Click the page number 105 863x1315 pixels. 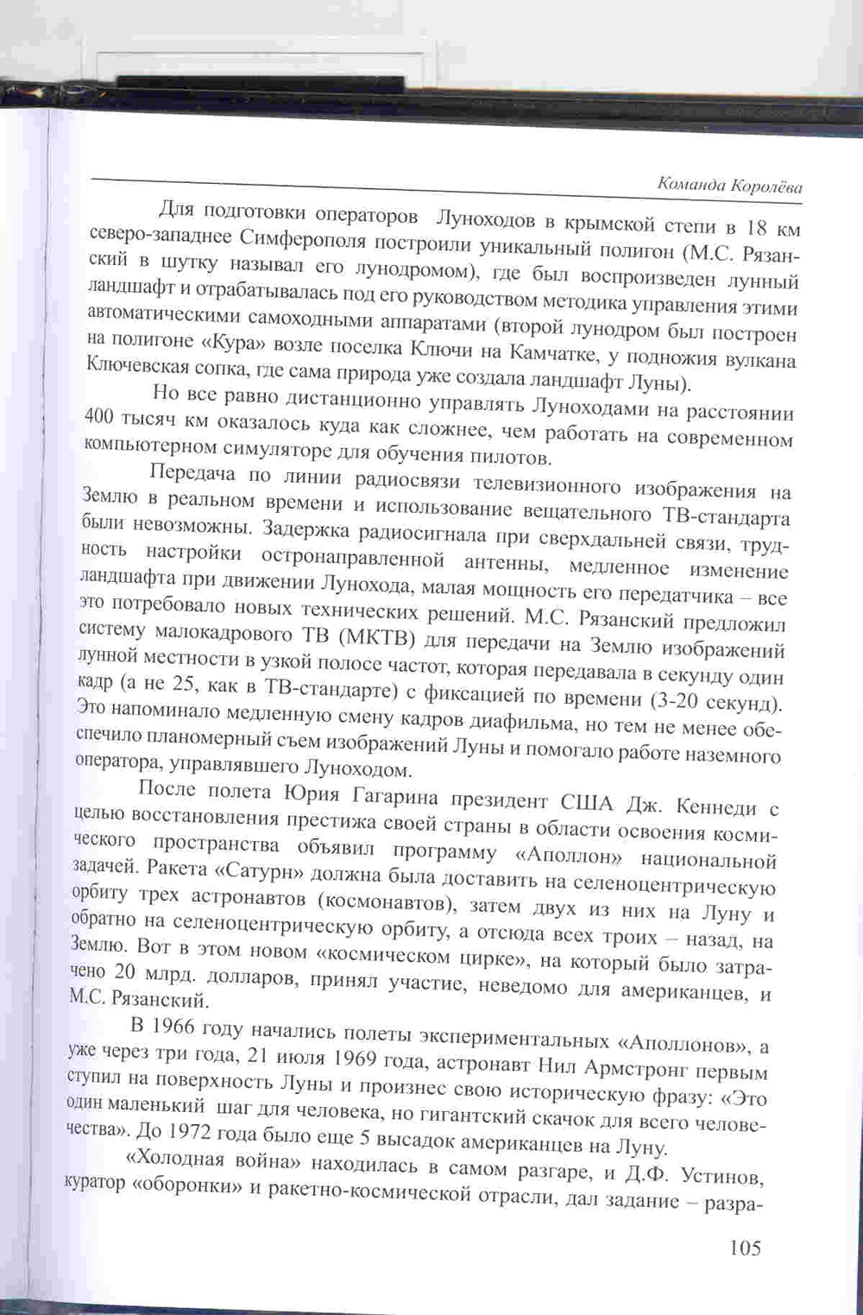coord(745,1247)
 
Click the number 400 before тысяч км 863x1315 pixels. coord(103,416)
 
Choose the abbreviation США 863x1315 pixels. coord(589,802)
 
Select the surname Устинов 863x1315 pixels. coord(721,1177)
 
